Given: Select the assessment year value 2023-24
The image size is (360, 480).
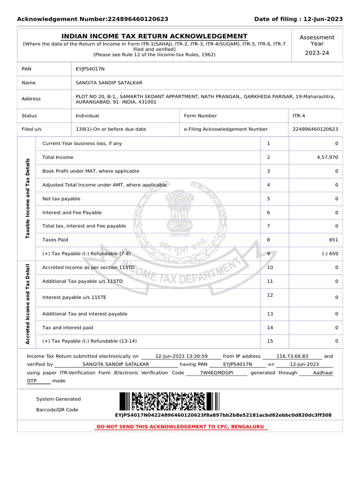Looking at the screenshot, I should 317,53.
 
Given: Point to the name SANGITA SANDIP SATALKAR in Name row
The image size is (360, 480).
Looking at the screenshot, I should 109,82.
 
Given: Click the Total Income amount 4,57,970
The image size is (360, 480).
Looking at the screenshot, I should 327,157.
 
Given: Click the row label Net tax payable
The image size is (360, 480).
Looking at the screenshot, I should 61,199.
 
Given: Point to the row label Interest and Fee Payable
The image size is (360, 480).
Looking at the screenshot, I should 72,212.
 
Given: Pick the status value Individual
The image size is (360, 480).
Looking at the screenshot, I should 87,116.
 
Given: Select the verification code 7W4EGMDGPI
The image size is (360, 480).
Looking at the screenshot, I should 216,373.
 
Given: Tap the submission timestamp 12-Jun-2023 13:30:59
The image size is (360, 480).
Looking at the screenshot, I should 181,356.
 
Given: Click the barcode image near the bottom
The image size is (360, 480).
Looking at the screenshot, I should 169,401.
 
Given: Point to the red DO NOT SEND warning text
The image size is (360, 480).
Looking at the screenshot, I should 180,427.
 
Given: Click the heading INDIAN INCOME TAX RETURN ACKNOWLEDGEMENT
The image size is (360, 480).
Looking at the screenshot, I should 155,36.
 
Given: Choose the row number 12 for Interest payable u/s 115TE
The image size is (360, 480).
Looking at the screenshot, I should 270,295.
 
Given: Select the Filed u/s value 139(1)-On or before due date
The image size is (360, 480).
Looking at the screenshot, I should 111,129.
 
